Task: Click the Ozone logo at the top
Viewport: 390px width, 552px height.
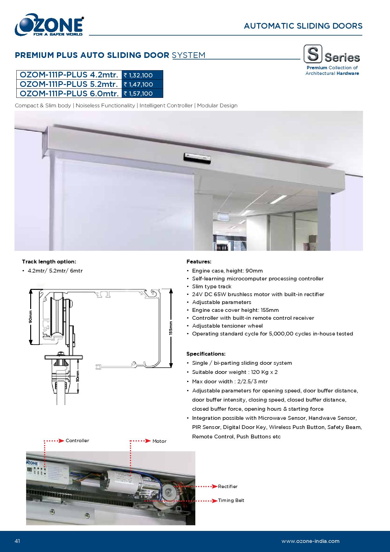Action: [x=49, y=25]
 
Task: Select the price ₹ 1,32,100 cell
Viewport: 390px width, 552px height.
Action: [x=142, y=75]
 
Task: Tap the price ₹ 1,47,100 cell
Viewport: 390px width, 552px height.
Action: [x=142, y=84]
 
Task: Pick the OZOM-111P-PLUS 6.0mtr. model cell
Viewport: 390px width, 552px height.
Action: [x=69, y=93]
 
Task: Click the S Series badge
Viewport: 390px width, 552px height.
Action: [x=332, y=54]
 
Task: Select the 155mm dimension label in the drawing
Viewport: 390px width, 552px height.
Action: [x=170, y=328]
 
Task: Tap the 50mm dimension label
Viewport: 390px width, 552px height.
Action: [x=78, y=376]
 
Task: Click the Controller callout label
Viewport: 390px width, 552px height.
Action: [x=77, y=441]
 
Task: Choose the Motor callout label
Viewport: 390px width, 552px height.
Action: [x=159, y=441]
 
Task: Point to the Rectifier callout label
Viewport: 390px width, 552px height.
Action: [x=228, y=487]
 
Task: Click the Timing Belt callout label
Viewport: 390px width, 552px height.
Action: [x=231, y=500]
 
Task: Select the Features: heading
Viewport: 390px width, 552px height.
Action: [x=199, y=262]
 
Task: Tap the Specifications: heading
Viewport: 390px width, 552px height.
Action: [x=206, y=354]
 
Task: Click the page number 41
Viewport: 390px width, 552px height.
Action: [x=17, y=541]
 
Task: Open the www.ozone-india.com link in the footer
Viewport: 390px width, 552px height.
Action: [x=310, y=541]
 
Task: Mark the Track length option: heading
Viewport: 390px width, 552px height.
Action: [x=49, y=262]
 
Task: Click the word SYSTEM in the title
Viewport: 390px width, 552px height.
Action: [x=189, y=55]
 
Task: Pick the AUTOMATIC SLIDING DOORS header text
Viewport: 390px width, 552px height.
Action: [x=303, y=26]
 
